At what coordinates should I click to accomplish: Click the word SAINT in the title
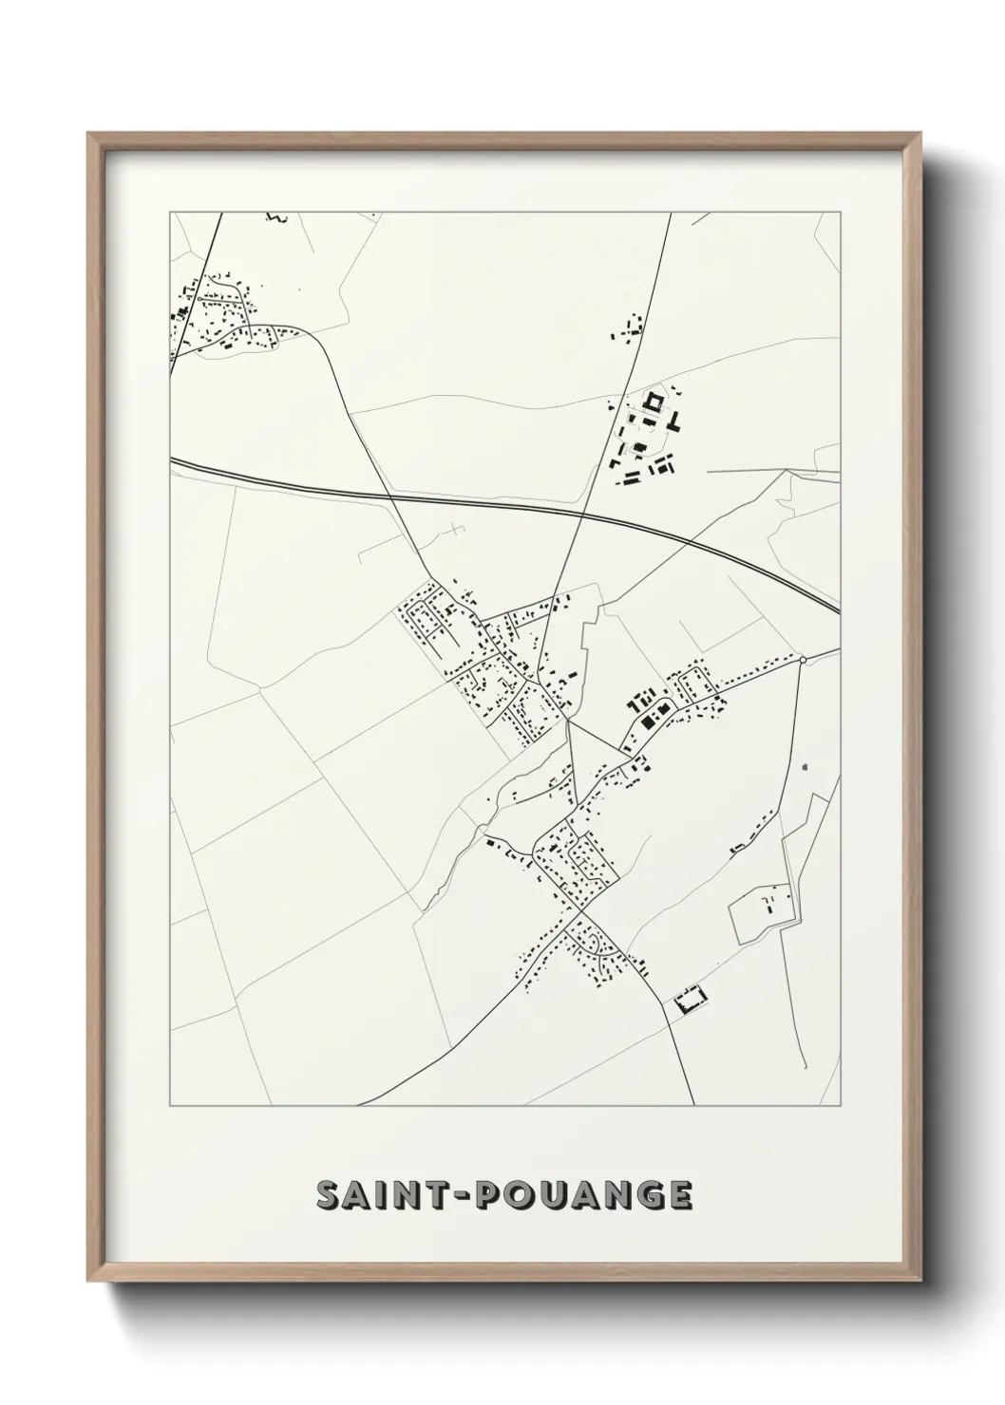point(386,1195)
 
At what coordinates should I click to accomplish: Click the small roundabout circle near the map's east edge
point(803,659)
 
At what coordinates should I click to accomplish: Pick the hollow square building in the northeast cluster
point(653,403)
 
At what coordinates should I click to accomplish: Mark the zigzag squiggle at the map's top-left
point(275,217)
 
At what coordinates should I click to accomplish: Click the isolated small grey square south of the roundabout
point(805,765)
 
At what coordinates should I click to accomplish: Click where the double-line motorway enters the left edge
point(172,460)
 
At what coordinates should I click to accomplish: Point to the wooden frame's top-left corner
point(88,134)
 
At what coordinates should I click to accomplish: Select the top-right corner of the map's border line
point(840,213)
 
